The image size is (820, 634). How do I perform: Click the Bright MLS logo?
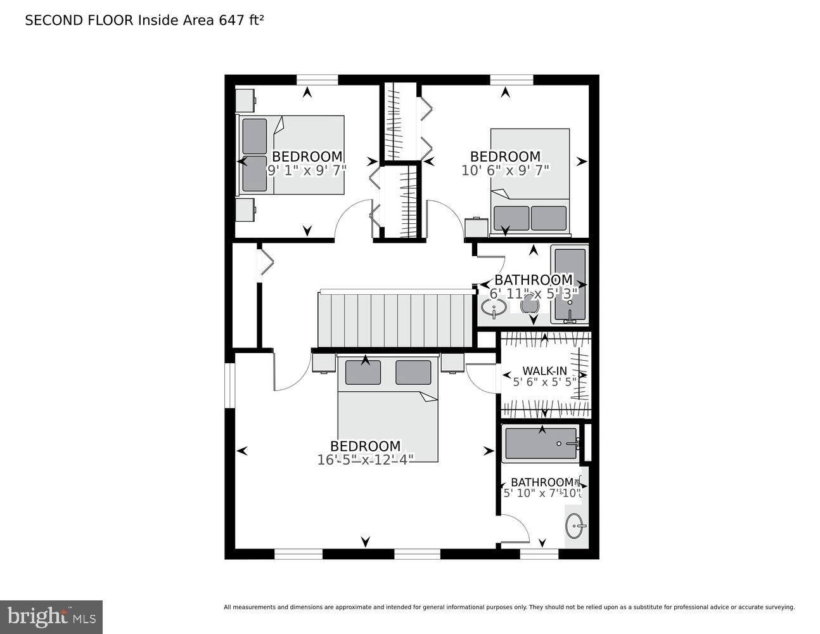coord(51,617)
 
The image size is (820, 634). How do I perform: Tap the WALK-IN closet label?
coord(544,371)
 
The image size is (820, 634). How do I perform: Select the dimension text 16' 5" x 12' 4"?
coord(365,460)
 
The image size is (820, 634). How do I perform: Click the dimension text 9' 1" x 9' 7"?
coord(307,170)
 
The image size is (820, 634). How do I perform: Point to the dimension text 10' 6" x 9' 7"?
coord(505,170)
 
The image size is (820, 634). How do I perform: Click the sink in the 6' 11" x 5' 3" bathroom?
coord(493,308)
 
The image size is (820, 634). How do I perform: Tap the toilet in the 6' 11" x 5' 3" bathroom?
coord(529,306)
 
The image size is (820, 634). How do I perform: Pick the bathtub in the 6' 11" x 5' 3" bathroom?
coord(569,284)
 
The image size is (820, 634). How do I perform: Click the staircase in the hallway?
coord(395,320)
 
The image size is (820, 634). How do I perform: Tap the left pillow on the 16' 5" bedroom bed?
coord(362,372)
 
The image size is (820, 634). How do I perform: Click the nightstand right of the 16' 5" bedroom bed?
coord(452,363)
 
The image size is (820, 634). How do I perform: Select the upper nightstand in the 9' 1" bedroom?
coord(245,100)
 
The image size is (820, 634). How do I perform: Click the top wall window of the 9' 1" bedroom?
coord(317,79)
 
